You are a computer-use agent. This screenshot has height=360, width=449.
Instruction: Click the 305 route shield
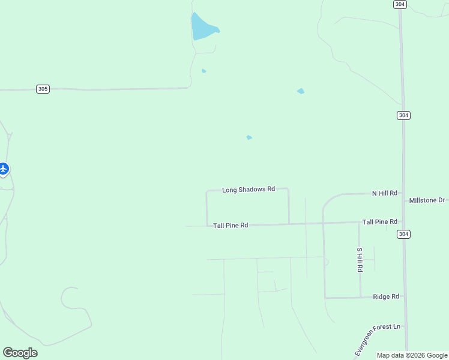pyautogui.click(x=43, y=89)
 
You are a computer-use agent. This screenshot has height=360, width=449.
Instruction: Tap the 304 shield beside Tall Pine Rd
pyautogui.click(x=403, y=234)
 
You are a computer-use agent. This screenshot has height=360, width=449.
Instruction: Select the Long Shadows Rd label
pyautogui.click(x=248, y=190)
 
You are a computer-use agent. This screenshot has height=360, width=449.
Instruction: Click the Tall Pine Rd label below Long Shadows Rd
pyautogui.click(x=231, y=226)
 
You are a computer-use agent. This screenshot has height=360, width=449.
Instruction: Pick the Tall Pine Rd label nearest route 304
pyautogui.click(x=379, y=222)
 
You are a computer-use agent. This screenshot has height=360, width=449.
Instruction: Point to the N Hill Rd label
pyautogui.click(x=384, y=193)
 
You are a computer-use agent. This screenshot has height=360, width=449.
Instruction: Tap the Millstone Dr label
pyautogui.click(x=427, y=200)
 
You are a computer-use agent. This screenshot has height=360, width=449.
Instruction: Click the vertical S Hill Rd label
pyautogui.click(x=360, y=260)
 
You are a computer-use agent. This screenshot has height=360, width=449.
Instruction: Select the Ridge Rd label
pyautogui.click(x=386, y=296)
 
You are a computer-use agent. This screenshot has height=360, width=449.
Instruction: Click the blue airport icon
pyautogui.click(x=4, y=169)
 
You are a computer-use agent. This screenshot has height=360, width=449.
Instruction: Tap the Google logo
pyautogui.click(x=20, y=353)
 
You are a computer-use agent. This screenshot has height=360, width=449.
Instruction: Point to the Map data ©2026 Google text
pyautogui.click(x=412, y=355)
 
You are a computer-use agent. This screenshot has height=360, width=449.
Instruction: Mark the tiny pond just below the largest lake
pyautogui.click(x=204, y=71)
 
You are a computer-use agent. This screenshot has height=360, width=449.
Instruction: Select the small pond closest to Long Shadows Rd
pyautogui.click(x=249, y=137)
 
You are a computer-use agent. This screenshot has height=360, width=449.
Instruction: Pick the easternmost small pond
pyautogui.click(x=300, y=91)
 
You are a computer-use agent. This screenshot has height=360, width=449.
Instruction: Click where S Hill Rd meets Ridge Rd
pyautogui.click(x=360, y=297)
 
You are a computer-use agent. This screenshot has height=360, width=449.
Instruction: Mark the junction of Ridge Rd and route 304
pyautogui.click(x=405, y=296)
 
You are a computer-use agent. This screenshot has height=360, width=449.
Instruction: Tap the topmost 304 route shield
pyautogui.click(x=400, y=4)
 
